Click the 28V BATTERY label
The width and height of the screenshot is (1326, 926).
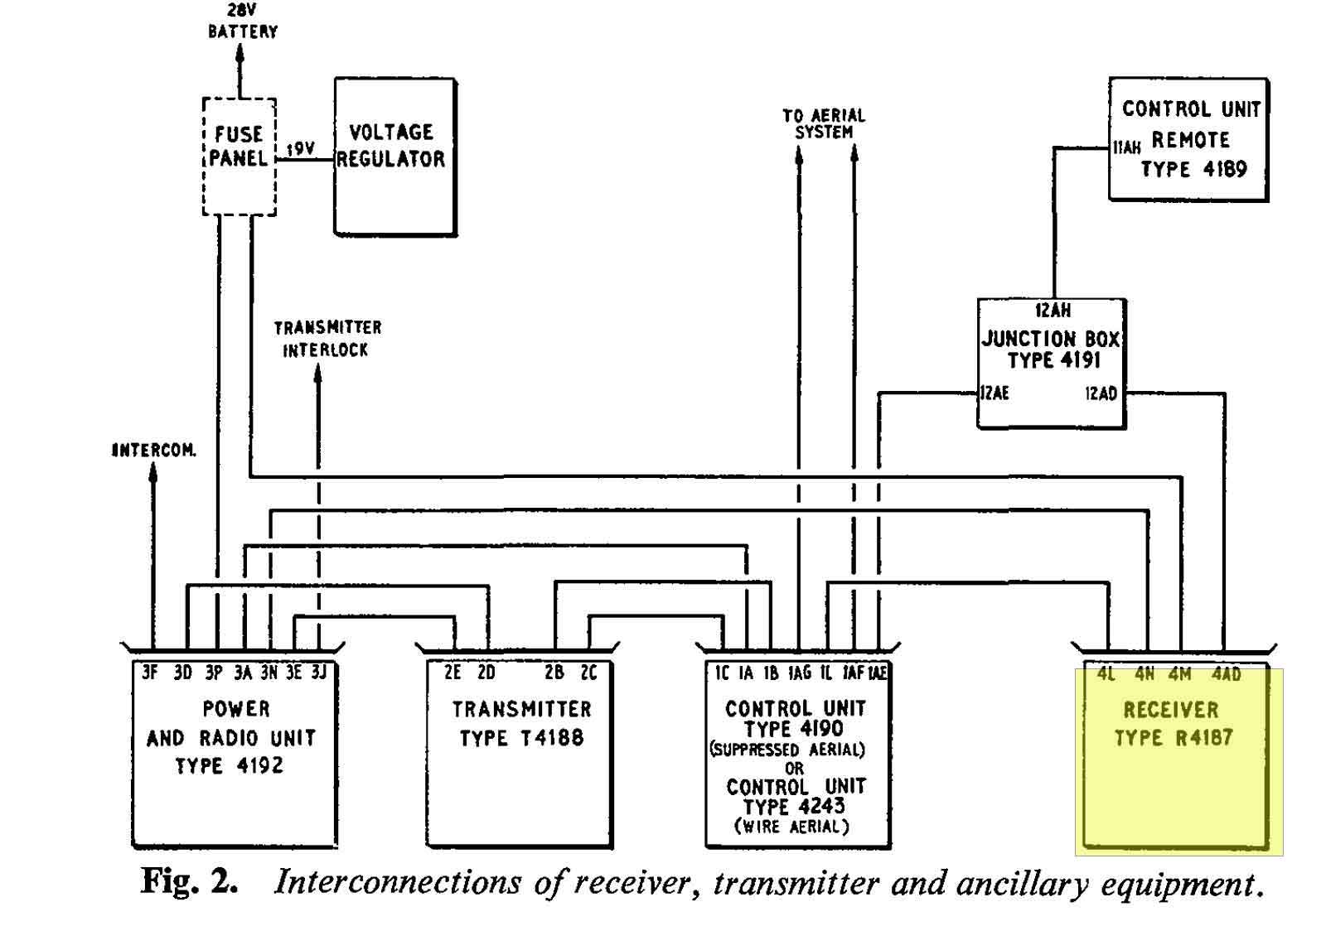click(243, 22)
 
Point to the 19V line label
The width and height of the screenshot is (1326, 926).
click(301, 148)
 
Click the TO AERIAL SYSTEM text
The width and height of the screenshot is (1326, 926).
click(824, 123)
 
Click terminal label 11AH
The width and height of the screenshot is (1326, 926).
click(1127, 147)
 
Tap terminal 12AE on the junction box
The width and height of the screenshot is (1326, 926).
click(994, 393)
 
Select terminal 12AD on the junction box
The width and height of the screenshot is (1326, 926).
click(1101, 393)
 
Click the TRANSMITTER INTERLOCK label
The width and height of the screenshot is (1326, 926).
click(327, 339)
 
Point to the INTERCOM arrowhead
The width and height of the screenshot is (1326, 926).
click(152, 473)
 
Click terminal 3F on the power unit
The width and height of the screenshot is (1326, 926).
click(150, 673)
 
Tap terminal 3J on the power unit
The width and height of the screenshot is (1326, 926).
click(319, 673)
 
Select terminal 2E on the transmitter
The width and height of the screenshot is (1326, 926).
click(452, 673)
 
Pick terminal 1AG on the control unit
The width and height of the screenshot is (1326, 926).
click(800, 673)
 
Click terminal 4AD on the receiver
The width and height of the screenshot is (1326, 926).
click(1226, 673)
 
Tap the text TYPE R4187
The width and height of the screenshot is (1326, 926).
click(1174, 738)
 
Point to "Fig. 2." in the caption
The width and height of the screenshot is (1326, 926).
click(190, 883)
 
